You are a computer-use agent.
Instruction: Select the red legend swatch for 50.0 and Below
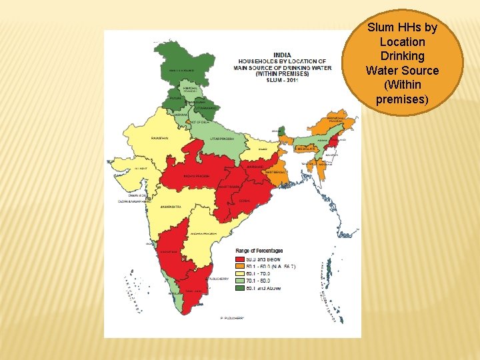tap(239, 259)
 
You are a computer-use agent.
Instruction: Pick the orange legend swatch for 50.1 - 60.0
tap(239, 266)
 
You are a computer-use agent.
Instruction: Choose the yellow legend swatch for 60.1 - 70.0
tap(239, 273)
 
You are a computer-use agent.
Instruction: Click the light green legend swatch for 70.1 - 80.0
tap(239, 281)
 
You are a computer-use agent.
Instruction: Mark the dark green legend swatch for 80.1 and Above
tap(239, 288)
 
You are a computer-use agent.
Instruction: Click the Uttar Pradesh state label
tap(223, 139)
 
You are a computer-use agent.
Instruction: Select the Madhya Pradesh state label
tap(197, 176)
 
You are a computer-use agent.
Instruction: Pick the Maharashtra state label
tap(170, 207)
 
